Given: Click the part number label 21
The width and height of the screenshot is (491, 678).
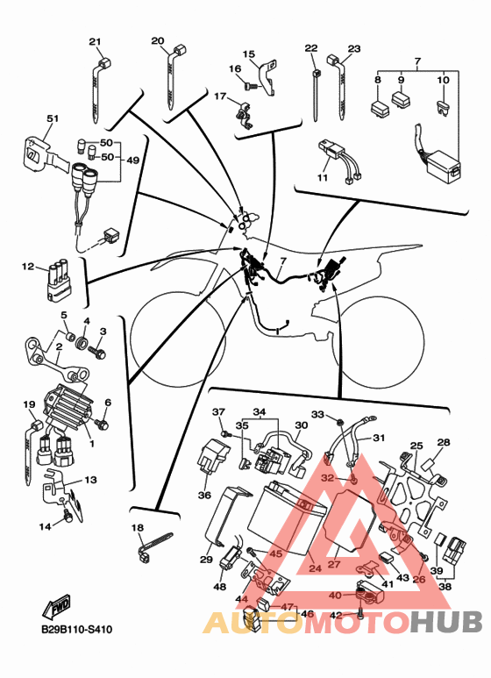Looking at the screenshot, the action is tap(95, 41).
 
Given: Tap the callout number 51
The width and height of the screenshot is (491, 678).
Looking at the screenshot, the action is tap(53, 118).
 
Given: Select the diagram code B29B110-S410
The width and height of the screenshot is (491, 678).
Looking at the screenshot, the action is tap(76, 629).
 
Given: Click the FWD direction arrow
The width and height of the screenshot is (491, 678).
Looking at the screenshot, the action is tap(56, 607).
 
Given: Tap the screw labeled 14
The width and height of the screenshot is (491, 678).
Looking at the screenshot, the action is tap(67, 516).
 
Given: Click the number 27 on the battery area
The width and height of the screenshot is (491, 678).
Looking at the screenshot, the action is tap(334, 564).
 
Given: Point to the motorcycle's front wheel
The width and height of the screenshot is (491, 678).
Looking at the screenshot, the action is tap(178, 339).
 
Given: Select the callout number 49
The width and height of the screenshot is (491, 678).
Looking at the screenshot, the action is tap(132, 160).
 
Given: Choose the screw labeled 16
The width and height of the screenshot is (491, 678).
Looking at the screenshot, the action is tap(252, 86).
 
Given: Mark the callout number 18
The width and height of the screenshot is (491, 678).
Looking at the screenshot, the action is tap(138, 527).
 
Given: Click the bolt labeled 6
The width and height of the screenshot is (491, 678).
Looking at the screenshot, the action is tap(103, 425).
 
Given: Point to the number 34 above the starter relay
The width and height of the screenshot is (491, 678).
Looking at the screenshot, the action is tap(260, 411).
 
